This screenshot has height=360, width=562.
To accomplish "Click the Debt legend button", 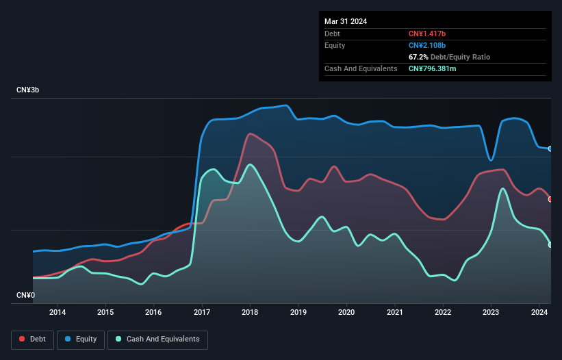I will click(x=32, y=339).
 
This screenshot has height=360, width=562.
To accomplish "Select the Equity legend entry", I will click(x=81, y=339).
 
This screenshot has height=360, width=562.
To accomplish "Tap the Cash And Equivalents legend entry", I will click(x=157, y=339).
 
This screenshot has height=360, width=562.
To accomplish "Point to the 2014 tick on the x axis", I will click(x=58, y=313).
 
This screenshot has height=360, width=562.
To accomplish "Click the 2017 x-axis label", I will click(x=202, y=313).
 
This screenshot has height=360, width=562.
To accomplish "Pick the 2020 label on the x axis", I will click(x=346, y=313).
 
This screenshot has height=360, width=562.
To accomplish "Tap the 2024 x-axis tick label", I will click(x=539, y=313).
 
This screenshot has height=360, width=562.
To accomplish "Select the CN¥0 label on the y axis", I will click(x=26, y=296).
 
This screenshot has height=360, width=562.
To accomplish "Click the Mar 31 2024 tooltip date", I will click(x=346, y=21).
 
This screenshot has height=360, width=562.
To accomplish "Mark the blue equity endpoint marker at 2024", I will click(x=550, y=149).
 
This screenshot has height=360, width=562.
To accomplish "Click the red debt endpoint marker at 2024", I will click(x=550, y=199).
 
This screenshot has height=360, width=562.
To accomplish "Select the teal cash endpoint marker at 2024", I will click(x=550, y=244).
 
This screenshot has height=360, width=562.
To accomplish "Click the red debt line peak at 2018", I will click(x=251, y=133).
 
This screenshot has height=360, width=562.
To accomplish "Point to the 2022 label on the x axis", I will click(x=443, y=313).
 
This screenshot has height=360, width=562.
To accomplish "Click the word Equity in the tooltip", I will click(x=335, y=45).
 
